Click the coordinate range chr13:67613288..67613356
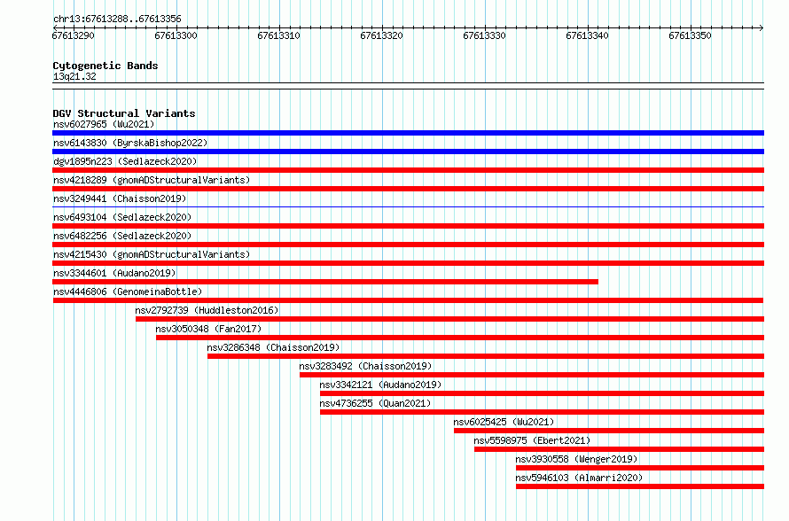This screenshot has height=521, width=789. pyautogui.click(x=117, y=19)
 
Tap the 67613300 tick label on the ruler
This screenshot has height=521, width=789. pyautogui.click(x=176, y=35)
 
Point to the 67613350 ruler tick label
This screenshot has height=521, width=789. pyautogui.click(x=690, y=35)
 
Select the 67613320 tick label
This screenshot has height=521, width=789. pyautogui.click(x=381, y=35)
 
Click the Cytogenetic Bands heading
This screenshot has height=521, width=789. pyautogui.click(x=105, y=66)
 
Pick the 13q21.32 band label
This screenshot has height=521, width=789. pyautogui.click(x=74, y=76)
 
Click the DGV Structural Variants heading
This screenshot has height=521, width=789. pyautogui.click(x=124, y=113)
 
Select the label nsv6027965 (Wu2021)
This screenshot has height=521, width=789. pyautogui.click(x=104, y=124)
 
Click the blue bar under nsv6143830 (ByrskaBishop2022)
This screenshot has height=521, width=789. pyautogui.click(x=408, y=152)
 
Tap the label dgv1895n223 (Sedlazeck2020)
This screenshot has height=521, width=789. pyautogui.click(x=125, y=161)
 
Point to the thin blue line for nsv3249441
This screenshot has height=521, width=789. pyautogui.click(x=408, y=206)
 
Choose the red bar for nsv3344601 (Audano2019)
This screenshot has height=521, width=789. pyautogui.click(x=325, y=282)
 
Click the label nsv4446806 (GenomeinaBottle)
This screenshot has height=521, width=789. pyautogui.click(x=128, y=292)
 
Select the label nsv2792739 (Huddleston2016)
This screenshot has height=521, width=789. pyautogui.click(x=207, y=310)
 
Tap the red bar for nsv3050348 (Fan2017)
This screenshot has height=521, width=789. pyautogui.click(x=460, y=338)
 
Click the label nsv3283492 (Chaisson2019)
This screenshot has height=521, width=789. pyautogui.click(x=365, y=366)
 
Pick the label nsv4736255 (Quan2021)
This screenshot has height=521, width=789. pyautogui.click(x=375, y=403)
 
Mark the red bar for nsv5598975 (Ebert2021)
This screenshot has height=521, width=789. pyautogui.click(x=619, y=449)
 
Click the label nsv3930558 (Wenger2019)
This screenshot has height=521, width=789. pyautogui.click(x=576, y=459)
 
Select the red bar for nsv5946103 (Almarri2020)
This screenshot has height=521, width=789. pyautogui.click(x=640, y=486)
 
